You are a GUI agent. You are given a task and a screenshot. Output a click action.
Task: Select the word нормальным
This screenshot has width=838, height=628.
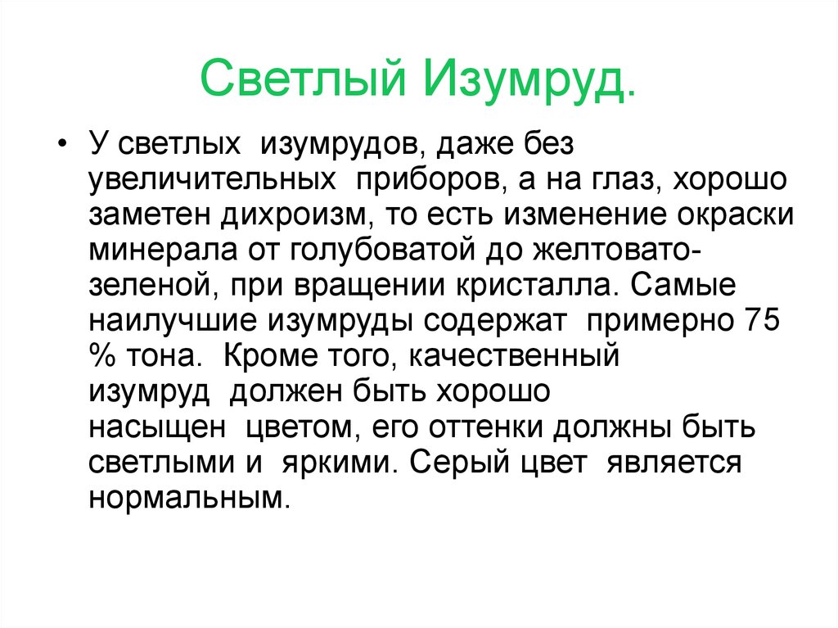point(188,497)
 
